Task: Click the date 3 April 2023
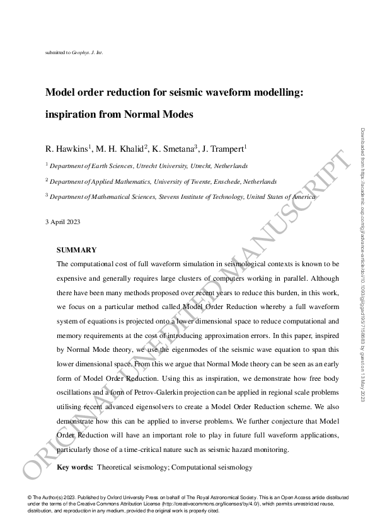coord(62,222)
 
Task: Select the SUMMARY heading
coord(76,250)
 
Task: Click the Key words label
coord(74,467)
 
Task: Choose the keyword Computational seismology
coord(212,467)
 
